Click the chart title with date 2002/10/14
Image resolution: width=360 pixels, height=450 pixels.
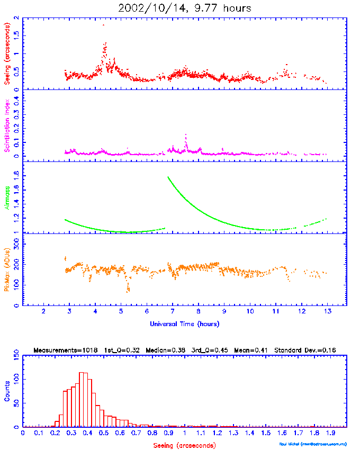pyautogui.click(x=185, y=8)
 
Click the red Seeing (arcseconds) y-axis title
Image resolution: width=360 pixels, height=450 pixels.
pyautogui.click(x=7, y=52)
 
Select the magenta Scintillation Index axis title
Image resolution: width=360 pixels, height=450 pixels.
pyautogui.click(x=7, y=125)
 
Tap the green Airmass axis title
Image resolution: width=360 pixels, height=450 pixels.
pyautogui.click(x=7, y=197)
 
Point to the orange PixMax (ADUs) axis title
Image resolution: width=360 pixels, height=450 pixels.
pyautogui.click(x=7, y=269)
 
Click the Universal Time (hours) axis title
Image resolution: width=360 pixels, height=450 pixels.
pyautogui.click(x=184, y=323)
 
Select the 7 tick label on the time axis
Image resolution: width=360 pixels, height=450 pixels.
pyautogui.click(x=172, y=312)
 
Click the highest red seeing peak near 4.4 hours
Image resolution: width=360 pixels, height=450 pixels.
pyautogui.click(x=105, y=43)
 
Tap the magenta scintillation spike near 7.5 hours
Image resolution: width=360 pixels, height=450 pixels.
pyautogui.click(x=186, y=136)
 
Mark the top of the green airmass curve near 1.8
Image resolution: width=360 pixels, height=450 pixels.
pyautogui.click(x=168, y=177)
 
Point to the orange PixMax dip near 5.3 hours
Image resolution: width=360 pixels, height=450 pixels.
pyautogui.click(x=128, y=290)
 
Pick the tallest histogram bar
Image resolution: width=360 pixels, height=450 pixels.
pyautogui.click(x=81, y=400)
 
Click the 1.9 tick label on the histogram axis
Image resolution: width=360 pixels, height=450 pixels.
pyautogui.click(x=330, y=433)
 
